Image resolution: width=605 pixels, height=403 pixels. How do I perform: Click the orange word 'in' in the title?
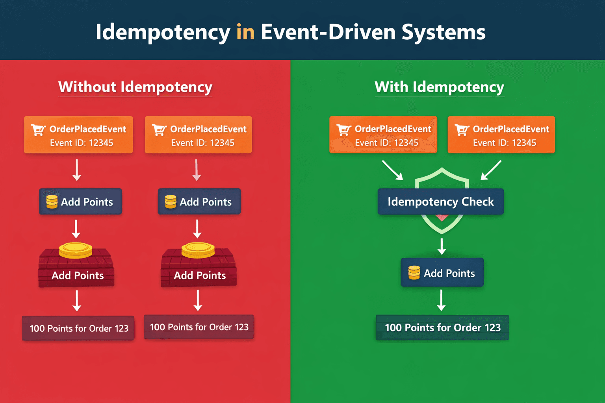(245, 32)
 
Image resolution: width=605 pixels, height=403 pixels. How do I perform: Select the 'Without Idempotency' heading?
(135, 87)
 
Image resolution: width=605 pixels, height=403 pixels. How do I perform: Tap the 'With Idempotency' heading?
(439, 87)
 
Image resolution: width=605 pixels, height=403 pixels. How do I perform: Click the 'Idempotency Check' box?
(440, 201)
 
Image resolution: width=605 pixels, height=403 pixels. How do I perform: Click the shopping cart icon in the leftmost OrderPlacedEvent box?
(38, 130)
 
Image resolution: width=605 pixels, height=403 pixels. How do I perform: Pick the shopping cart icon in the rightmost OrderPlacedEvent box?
(462, 130)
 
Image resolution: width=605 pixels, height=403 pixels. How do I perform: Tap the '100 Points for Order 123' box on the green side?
(442, 327)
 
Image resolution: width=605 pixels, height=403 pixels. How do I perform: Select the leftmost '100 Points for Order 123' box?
(78, 328)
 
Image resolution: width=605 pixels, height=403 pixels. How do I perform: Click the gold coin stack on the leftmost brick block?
(76, 250)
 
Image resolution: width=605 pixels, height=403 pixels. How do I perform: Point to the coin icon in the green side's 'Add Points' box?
(414, 273)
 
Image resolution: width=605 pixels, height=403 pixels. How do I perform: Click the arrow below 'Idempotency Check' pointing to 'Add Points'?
(442, 246)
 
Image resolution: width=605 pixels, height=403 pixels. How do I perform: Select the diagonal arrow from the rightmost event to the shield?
(491, 170)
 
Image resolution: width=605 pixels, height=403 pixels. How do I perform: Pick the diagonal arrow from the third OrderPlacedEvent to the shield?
(392, 170)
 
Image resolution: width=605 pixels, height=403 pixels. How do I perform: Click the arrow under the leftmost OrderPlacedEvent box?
(77, 170)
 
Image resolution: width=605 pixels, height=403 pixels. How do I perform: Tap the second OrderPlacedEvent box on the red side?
(198, 135)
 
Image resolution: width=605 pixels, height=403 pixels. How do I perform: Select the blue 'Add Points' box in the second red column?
(199, 201)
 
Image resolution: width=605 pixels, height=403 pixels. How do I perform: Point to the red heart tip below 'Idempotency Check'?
(442, 218)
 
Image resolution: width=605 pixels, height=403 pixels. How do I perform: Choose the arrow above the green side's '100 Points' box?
(442, 300)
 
